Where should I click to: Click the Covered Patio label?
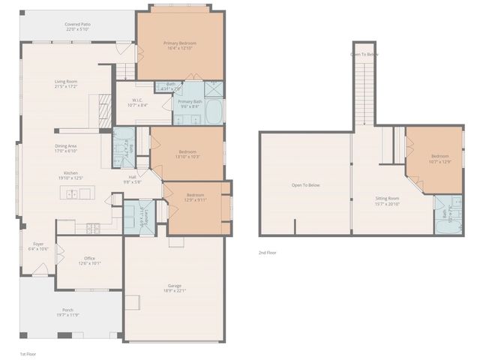(77, 24)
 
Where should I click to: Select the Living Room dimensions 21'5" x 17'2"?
(66, 87)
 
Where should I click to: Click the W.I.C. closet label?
(137, 100)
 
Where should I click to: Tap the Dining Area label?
(66, 145)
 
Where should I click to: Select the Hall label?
(131, 177)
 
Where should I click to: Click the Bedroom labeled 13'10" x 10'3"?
(187, 153)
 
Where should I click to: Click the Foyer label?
(37, 244)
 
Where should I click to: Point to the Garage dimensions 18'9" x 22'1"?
(175, 290)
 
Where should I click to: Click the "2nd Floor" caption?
(268, 253)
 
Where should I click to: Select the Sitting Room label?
(387, 199)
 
